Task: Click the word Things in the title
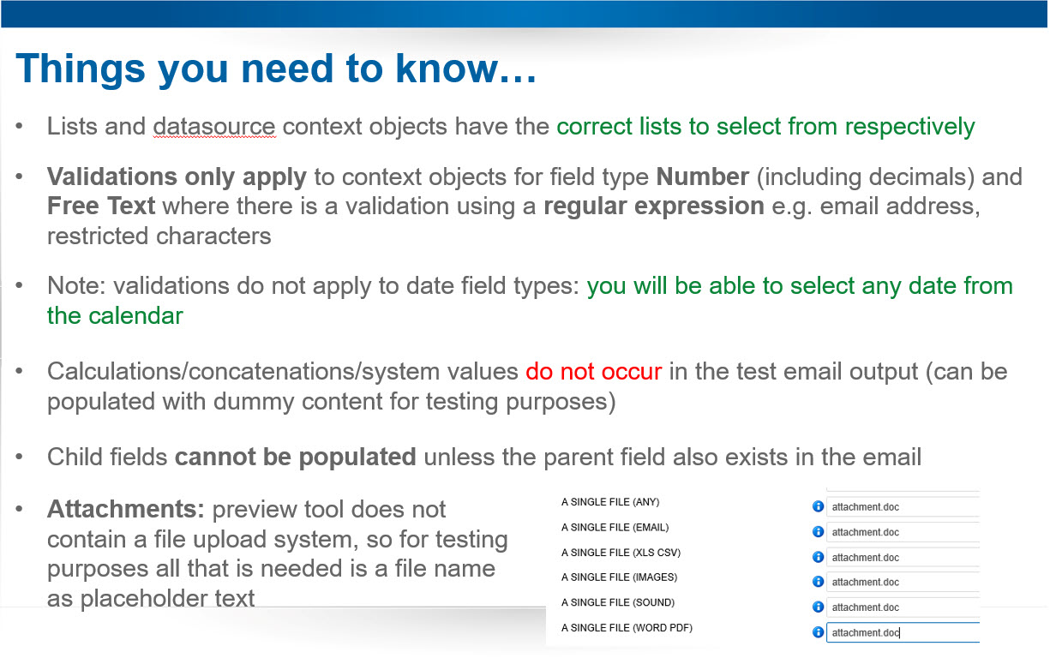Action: (81, 69)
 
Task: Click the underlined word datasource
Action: (214, 127)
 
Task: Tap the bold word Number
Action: (702, 177)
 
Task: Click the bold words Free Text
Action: (101, 206)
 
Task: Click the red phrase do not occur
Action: (593, 372)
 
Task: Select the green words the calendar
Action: (115, 316)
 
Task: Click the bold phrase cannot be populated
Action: (296, 458)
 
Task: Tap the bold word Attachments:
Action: (126, 509)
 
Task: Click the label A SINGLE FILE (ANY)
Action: (610, 502)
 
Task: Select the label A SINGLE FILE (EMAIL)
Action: (615, 528)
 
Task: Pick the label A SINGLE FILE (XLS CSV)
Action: (621, 553)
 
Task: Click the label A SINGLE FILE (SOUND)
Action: (618, 602)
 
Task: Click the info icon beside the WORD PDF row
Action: (818, 632)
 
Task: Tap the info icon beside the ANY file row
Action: (818, 506)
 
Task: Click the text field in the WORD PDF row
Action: (903, 632)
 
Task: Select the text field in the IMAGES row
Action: (903, 582)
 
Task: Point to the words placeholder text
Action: (167, 599)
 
